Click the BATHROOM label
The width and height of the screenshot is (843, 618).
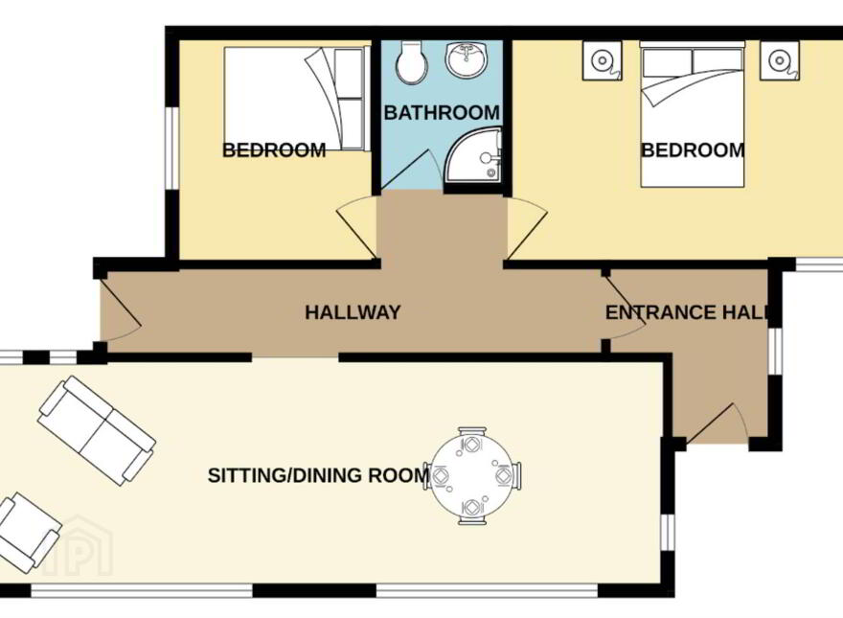[442, 113]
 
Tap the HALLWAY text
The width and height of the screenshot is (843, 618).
[353, 312]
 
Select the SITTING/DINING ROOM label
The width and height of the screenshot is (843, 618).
[318, 475]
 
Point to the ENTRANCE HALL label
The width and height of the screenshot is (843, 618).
[686, 312]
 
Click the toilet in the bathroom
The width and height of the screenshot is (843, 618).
[411, 63]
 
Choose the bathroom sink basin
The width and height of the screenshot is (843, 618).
[467, 59]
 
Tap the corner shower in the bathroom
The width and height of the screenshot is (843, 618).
[473, 155]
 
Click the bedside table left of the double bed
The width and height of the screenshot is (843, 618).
[603, 60]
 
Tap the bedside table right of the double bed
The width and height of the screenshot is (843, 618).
[779, 60]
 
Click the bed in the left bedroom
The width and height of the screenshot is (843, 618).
[296, 99]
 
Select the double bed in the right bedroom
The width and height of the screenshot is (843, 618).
[693, 114]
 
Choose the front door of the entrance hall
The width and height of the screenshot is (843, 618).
[715, 424]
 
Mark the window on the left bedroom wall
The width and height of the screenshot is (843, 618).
[171, 149]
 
